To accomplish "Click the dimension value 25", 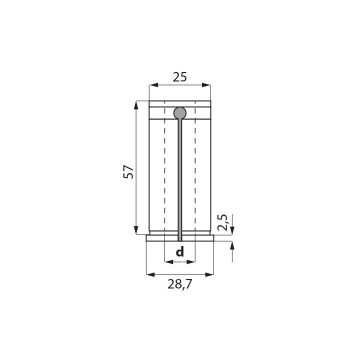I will tap(180, 77).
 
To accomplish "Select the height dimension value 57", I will tap(128, 171).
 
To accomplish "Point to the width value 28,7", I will tap(180, 285).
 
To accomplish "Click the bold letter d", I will tap(180, 252).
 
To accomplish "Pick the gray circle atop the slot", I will tap(179, 113).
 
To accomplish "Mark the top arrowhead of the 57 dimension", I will tap(136, 104).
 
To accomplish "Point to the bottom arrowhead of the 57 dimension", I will tap(136, 230).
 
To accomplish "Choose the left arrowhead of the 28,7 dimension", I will tap(149, 274).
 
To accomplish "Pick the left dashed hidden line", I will tap(164, 175).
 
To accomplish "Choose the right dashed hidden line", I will tap(195, 175).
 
